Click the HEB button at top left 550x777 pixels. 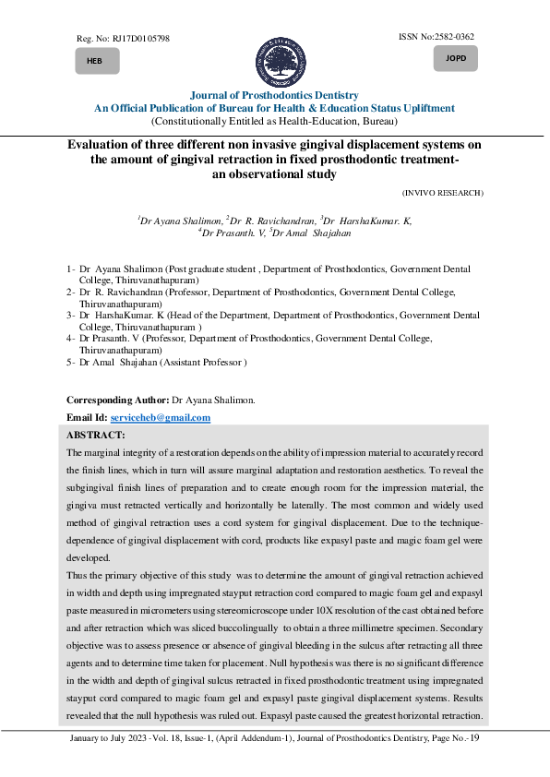pyautogui.click(x=94, y=61)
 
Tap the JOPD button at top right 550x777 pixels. pyautogui.click(x=455, y=59)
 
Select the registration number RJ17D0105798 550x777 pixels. pyautogui.click(x=137, y=39)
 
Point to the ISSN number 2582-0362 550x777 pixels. pyautogui.click(x=451, y=36)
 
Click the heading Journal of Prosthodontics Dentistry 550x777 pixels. pyautogui.click(x=274, y=95)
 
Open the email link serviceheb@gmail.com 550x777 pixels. pyautogui.click(x=167, y=418)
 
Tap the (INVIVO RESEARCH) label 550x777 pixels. pyautogui.click(x=443, y=192)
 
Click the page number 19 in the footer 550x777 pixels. pyautogui.click(x=474, y=744)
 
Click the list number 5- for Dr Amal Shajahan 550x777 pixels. pyautogui.click(x=71, y=364)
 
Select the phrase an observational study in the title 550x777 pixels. pyautogui.click(x=274, y=173)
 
